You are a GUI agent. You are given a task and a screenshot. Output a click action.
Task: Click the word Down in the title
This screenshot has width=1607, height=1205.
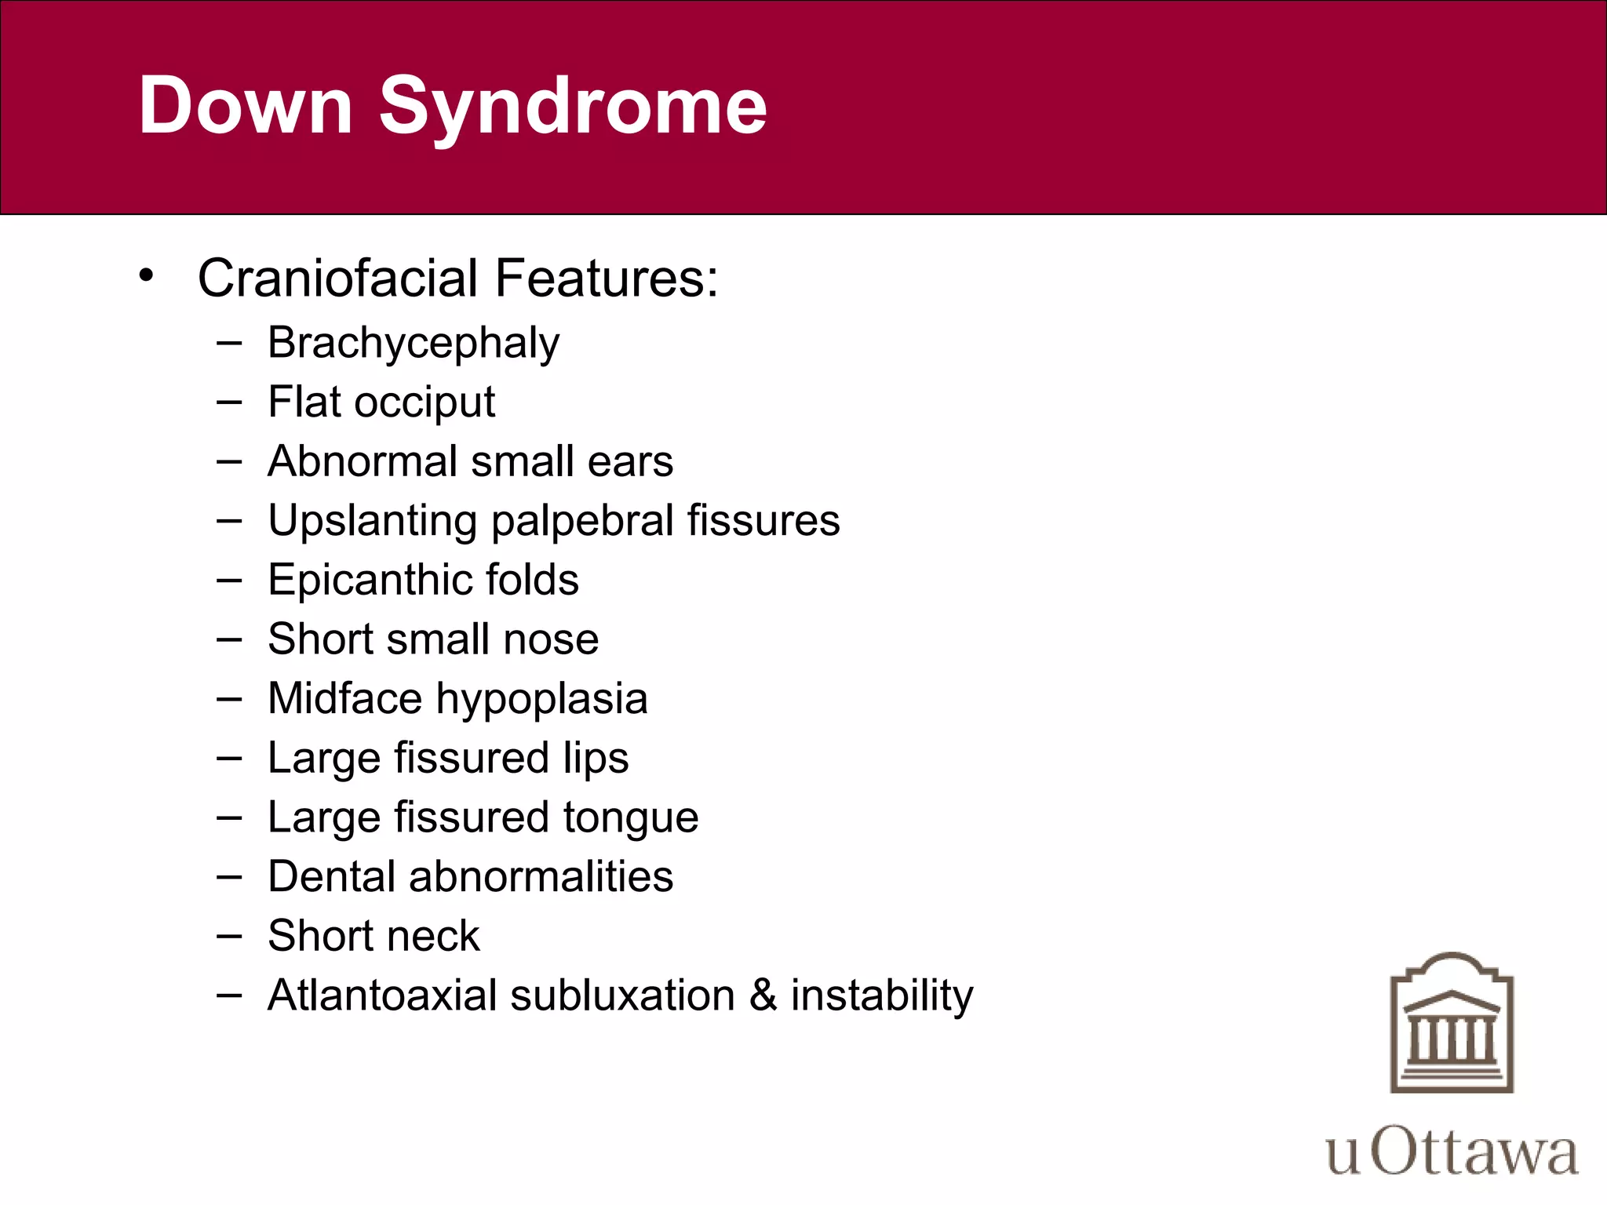point(245,106)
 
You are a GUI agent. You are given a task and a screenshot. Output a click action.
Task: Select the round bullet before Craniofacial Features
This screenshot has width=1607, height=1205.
point(146,275)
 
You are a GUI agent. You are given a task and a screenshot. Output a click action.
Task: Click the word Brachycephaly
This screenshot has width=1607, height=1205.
point(414,344)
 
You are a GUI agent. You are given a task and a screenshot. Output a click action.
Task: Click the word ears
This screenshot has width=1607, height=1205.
point(630,461)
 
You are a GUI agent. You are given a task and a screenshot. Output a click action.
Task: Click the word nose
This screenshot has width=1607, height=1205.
point(551,639)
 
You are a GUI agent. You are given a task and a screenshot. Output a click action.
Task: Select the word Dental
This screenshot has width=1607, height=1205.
point(331,876)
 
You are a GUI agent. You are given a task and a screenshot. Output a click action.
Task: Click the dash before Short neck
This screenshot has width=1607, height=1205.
point(229,936)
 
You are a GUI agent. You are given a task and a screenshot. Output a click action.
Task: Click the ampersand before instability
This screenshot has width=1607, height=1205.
point(763,996)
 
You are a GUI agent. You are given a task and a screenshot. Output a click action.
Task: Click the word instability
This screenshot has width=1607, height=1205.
point(881,996)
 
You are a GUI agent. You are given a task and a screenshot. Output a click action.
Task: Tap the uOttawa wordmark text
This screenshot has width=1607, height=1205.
point(1452,1152)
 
